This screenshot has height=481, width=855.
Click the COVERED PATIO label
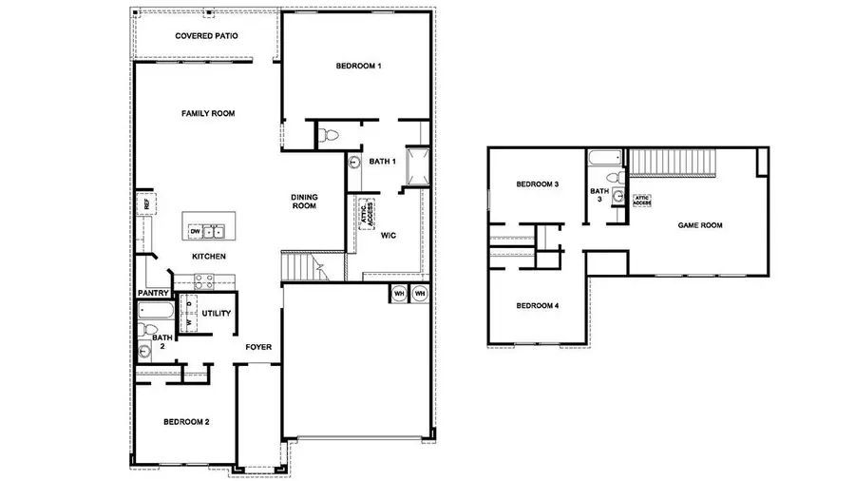pyautogui.click(x=206, y=36)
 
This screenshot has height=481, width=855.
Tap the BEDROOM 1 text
pyautogui.click(x=358, y=66)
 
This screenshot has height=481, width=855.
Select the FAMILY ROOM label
pyautogui.click(x=208, y=113)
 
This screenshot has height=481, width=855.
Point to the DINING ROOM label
pyautogui.click(x=304, y=202)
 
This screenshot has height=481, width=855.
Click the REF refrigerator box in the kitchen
pyautogui.click(x=145, y=202)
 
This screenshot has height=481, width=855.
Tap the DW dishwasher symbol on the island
pyautogui.click(x=195, y=231)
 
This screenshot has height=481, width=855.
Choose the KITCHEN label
pyautogui.click(x=209, y=257)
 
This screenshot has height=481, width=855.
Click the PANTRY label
pyautogui.click(x=153, y=293)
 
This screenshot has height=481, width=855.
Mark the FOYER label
pyautogui.click(x=258, y=347)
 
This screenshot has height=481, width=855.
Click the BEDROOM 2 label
pyautogui.click(x=186, y=421)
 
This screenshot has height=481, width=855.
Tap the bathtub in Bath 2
pyautogui.click(x=154, y=310)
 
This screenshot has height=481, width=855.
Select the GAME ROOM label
pyautogui.click(x=700, y=225)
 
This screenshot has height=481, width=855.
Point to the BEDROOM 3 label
pyautogui.click(x=537, y=183)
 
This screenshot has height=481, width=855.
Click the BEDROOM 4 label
pyautogui.click(x=537, y=305)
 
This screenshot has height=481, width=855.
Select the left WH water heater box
pyautogui.click(x=398, y=294)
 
